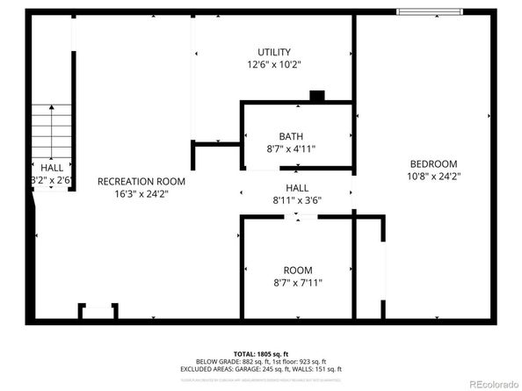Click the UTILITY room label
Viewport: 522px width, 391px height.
point(273,52)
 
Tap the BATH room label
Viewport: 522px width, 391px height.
point(291,136)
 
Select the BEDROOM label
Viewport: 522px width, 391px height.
point(435,163)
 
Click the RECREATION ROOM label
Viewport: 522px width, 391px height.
point(141,181)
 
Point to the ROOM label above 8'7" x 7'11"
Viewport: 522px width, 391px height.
point(297,270)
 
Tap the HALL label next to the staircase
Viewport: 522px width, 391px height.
point(51,166)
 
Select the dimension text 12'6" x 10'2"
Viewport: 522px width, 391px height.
point(273,65)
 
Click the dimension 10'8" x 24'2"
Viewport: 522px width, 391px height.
point(435,177)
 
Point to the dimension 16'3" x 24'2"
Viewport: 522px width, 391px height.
point(141,194)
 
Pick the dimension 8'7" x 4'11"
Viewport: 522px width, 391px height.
point(291,149)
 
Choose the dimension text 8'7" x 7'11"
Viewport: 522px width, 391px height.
point(297,283)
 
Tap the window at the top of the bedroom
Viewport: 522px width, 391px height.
point(428,11)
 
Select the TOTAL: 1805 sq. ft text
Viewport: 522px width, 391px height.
point(262,353)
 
